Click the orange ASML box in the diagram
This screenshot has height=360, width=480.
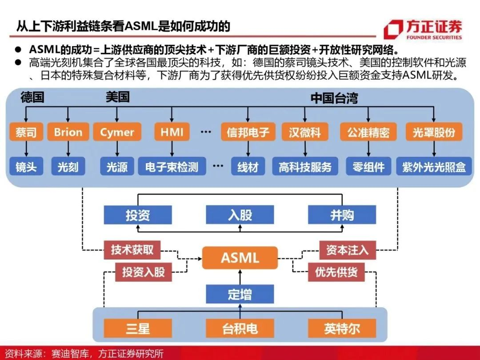[240, 258]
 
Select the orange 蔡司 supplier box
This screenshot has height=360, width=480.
[26, 132]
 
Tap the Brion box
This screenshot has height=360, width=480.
[68, 132]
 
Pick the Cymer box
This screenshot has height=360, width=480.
[117, 132]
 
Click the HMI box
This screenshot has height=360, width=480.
[172, 132]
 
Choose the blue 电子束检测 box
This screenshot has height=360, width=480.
[172, 167]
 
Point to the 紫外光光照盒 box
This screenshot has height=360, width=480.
[434, 167]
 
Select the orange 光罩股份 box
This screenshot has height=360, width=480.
[434, 132]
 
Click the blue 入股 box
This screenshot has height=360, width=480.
[240, 215]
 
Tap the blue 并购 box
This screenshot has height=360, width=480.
[342, 215]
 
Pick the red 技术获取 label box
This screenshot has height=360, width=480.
[132, 250]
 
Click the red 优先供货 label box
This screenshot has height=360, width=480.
[336, 272]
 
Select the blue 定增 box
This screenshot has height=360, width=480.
[240, 294]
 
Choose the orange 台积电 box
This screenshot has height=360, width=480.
[240, 328]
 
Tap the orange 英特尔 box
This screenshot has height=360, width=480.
[342, 328]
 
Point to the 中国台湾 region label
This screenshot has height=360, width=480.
[334, 98]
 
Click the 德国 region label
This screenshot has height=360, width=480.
[32, 97]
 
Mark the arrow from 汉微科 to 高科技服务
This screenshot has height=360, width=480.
[305, 149]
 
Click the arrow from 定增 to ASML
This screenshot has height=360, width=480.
[240, 277]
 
